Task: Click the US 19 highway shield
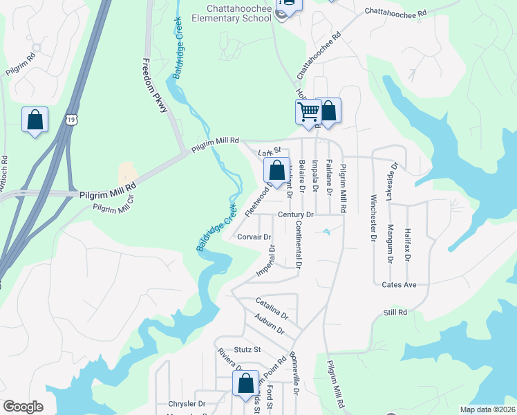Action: (72, 120)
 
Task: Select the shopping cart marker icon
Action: (308, 111)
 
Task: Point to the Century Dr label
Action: (296, 215)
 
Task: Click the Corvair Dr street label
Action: (253, 237)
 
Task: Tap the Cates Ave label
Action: (399, 284)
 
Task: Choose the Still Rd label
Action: (395, 313)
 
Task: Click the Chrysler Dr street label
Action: (187, 403)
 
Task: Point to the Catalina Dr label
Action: (271, 308)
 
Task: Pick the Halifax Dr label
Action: (408, 245)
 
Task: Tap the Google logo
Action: (23, 407)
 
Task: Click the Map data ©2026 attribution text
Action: (488, 409)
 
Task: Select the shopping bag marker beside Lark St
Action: (276, 170)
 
